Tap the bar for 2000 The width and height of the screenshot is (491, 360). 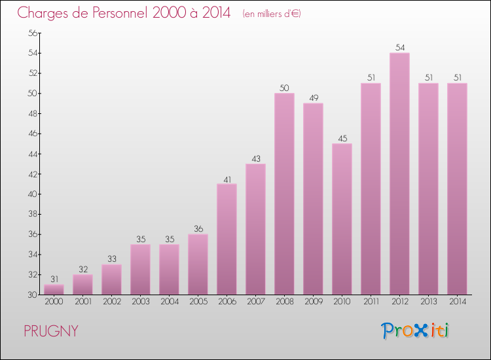(54, 289)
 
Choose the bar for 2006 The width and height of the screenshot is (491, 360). (227, 239)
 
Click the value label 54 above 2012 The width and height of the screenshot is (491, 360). (399, 48)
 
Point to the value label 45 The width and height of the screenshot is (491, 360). (342, 138)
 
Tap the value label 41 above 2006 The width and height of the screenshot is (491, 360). (227, 179)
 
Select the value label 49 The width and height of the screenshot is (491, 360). (313, 98)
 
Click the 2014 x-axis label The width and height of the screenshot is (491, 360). (457, 302)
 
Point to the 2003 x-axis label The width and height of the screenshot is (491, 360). (140, 302)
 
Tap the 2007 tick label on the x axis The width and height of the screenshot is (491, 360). (255, 302)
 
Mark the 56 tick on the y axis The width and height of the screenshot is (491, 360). (32, 33)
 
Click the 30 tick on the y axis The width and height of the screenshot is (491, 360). (32, 295)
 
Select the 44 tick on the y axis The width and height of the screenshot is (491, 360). (32, 154)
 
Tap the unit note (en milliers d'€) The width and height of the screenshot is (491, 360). (271, 13)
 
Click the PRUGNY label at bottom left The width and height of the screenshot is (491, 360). (51, 331)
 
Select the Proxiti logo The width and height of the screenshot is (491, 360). (415, 331)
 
